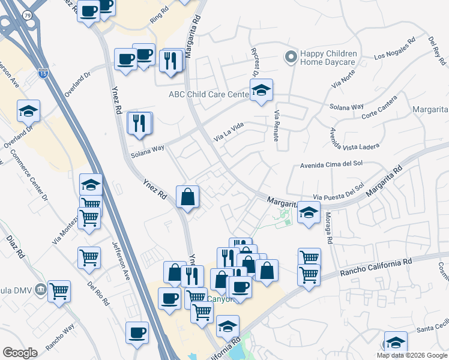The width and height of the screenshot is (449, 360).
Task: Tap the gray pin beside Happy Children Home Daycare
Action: [x=291, y=58]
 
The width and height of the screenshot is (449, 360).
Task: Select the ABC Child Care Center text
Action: [x=208, y=94]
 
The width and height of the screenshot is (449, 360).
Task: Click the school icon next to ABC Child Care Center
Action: [x=261, y=91]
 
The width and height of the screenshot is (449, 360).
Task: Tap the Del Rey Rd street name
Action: [x=436, y=50]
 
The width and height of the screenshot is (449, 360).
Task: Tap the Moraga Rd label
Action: [x=328, y=228]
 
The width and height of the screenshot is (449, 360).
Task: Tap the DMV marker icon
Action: [x=40, y=289]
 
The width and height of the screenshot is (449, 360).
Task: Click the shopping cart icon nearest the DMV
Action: [x=59, y=292]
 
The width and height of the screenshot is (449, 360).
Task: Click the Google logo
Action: [x=20, y=353]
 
